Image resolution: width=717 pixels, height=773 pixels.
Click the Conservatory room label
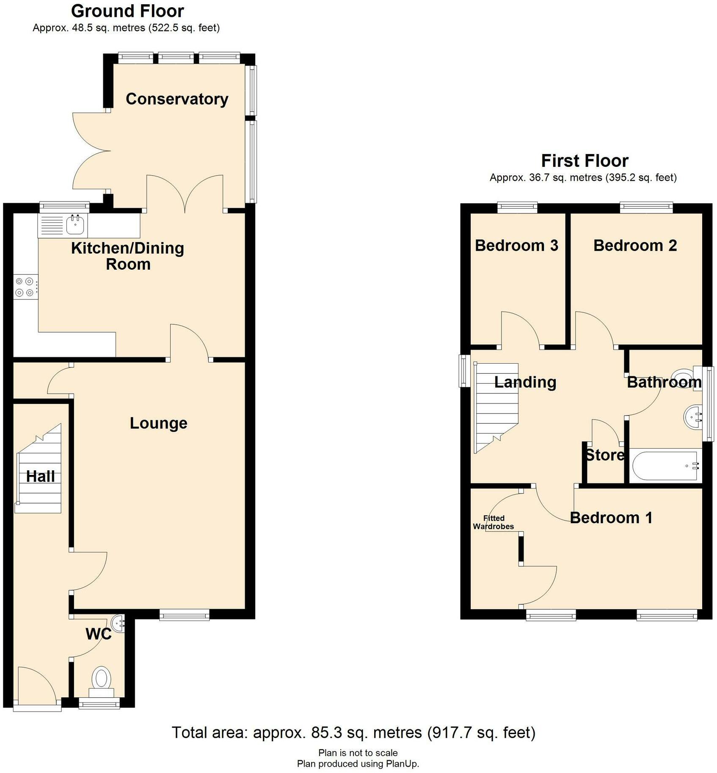click(x=177, y=99)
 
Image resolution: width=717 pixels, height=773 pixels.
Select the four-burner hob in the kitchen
click(x=25, y=287)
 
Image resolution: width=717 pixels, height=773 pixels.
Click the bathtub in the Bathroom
click(x=665, y=466)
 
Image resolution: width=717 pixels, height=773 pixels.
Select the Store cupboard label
click(x=604, y=456)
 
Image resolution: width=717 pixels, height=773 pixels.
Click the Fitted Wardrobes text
click(x=494, y=522)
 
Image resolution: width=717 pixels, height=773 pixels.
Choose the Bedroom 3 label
click(x=516, y=246)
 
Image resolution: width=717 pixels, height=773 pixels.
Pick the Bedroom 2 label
click(x=635, y=246)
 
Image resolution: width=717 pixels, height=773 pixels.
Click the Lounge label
click(x=158, y=423)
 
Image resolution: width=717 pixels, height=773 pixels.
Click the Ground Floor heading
click(x=127, y=11)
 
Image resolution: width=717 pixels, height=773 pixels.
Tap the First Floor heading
click(x=585, y=161)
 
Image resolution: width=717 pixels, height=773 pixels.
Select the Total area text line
click(x=353, y=732)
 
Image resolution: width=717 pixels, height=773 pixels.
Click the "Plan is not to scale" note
click(x=358, y=753)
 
